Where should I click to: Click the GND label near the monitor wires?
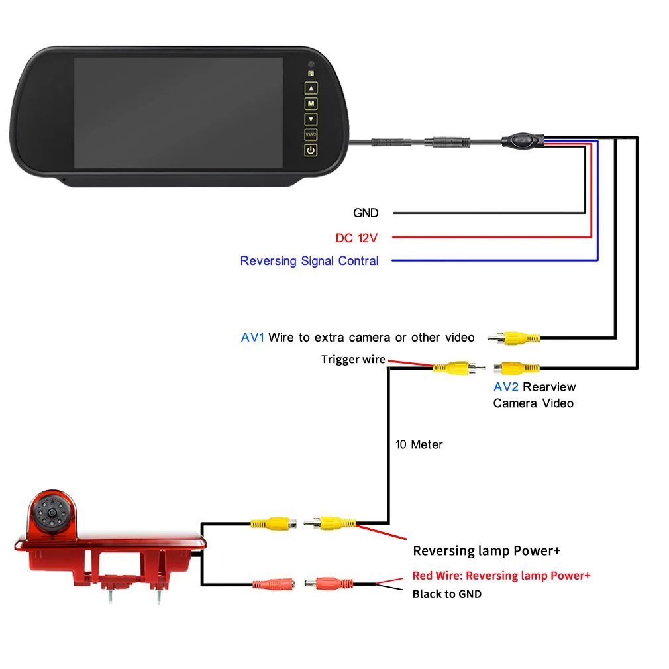click(x=366, y=213)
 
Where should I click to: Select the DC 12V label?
click(x=356, y=238)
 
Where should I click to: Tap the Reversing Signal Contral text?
click(x=309, y=261)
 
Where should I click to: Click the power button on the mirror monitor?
click(x=311, y=150)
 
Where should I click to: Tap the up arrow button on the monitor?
click(x=311, y=88)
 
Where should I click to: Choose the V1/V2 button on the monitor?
click(x=311, y=134)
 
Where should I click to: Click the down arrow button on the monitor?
click(x=311, y=119)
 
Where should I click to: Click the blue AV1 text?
click(x=252, y=338)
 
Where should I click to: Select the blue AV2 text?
click(x=505, y=387)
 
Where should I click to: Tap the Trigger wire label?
click(x=353, y=360)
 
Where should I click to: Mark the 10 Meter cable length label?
click(x=419, y=444)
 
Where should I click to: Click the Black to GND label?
click(x=446, y=594)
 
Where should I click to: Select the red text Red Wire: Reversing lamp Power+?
click(x=501, y=576)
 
